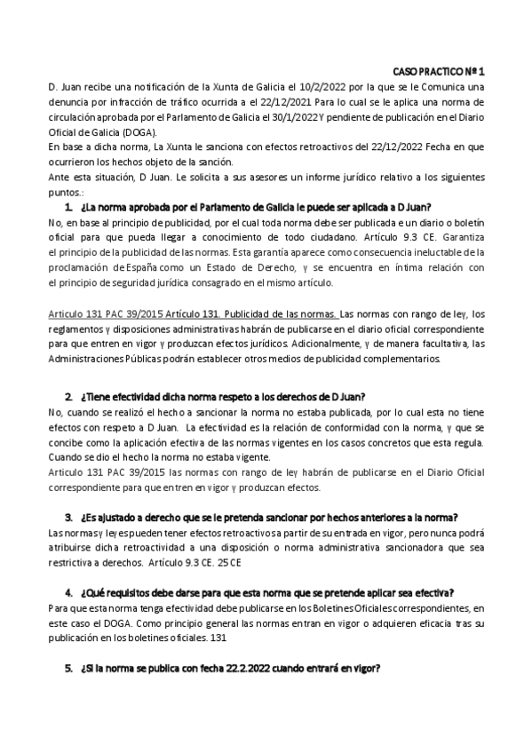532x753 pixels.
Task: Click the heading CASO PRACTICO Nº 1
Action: click(439, 70)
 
